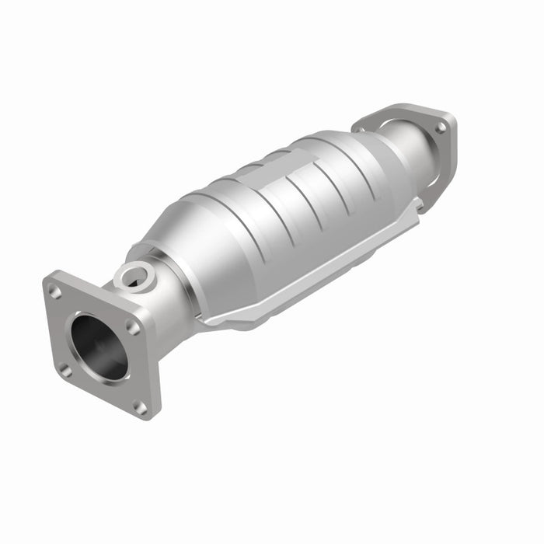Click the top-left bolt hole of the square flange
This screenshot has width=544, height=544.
(x=55, y=293)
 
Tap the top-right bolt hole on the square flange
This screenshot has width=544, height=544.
(x=133, y=327)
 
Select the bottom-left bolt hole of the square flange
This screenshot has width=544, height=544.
(x=66, y=370)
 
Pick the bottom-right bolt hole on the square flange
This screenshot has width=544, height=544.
(x=140, y=406)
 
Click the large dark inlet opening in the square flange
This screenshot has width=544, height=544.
(x=99, y=347)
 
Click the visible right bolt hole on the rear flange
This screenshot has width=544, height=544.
(x=440, y=127)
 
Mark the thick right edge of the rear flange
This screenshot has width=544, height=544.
(x=451, y=155)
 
